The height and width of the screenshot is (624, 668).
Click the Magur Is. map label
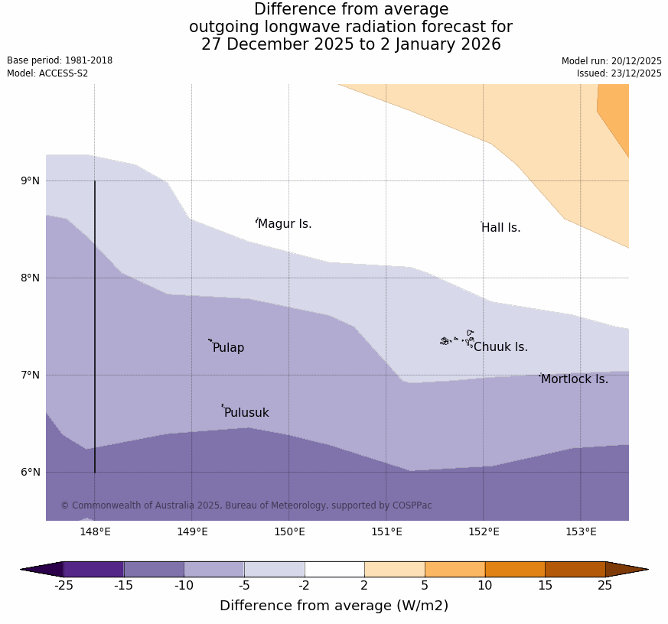285,224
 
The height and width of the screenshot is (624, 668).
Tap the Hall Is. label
501,228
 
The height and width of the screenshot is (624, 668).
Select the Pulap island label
228,348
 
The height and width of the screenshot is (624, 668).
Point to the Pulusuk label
246,413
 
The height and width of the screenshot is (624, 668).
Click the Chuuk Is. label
500,347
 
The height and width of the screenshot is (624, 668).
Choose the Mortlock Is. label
575,379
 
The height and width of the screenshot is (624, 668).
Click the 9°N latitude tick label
31,181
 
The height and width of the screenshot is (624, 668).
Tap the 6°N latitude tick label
31,473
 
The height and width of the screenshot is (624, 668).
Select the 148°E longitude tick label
95,532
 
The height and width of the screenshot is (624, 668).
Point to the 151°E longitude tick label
386,532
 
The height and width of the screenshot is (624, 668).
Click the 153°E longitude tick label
581,532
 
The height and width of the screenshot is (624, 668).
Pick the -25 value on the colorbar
64,586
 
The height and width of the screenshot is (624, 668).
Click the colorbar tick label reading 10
485,586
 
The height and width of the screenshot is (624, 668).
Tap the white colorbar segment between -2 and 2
334,569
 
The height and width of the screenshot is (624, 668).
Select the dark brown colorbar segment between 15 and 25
575,569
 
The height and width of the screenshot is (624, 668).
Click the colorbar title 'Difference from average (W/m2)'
334,606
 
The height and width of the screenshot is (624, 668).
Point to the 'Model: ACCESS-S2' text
47,73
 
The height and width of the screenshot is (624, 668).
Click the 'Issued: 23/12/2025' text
619,73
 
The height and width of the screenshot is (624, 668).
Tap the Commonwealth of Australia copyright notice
246,505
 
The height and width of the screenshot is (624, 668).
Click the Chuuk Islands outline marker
457,339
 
